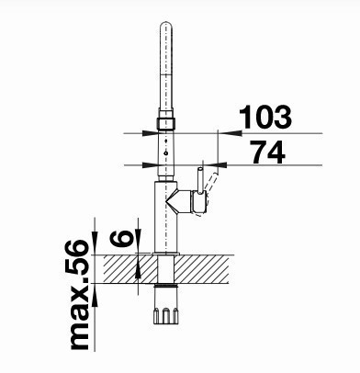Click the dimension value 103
(265, 117)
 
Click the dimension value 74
(268, 152)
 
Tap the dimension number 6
(122, 239)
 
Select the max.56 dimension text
(79, 295)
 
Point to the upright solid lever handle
(200, 180)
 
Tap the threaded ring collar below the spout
(166, 123)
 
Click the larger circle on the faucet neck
(166, 153)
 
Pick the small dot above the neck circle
(166, 141)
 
